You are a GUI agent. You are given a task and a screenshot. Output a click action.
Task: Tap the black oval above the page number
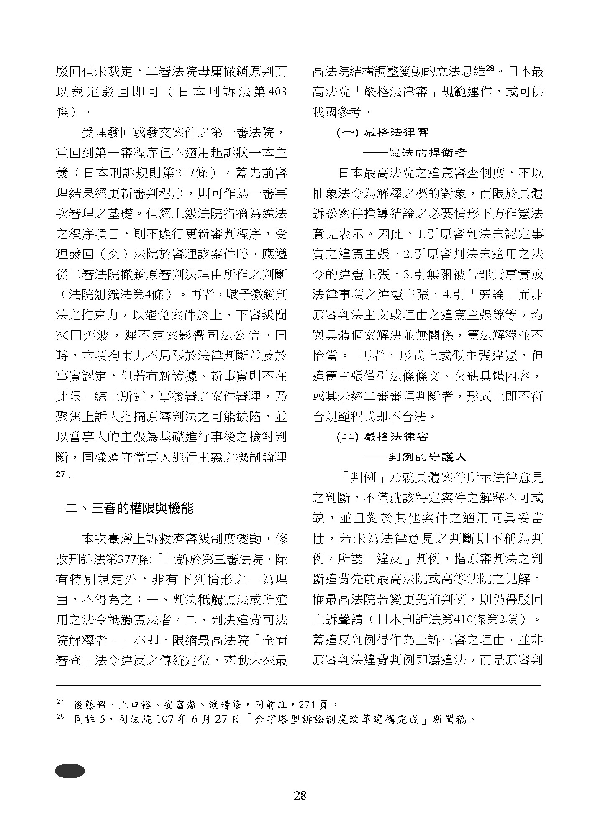click(69, 770)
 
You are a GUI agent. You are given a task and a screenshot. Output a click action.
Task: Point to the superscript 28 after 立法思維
click(490, 67)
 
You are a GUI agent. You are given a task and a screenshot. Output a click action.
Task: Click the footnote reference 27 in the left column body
click(61, 475)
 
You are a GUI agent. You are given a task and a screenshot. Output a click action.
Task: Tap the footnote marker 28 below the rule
click(59, 717)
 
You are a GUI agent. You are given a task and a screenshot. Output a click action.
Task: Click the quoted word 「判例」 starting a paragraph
click(363, 477)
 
